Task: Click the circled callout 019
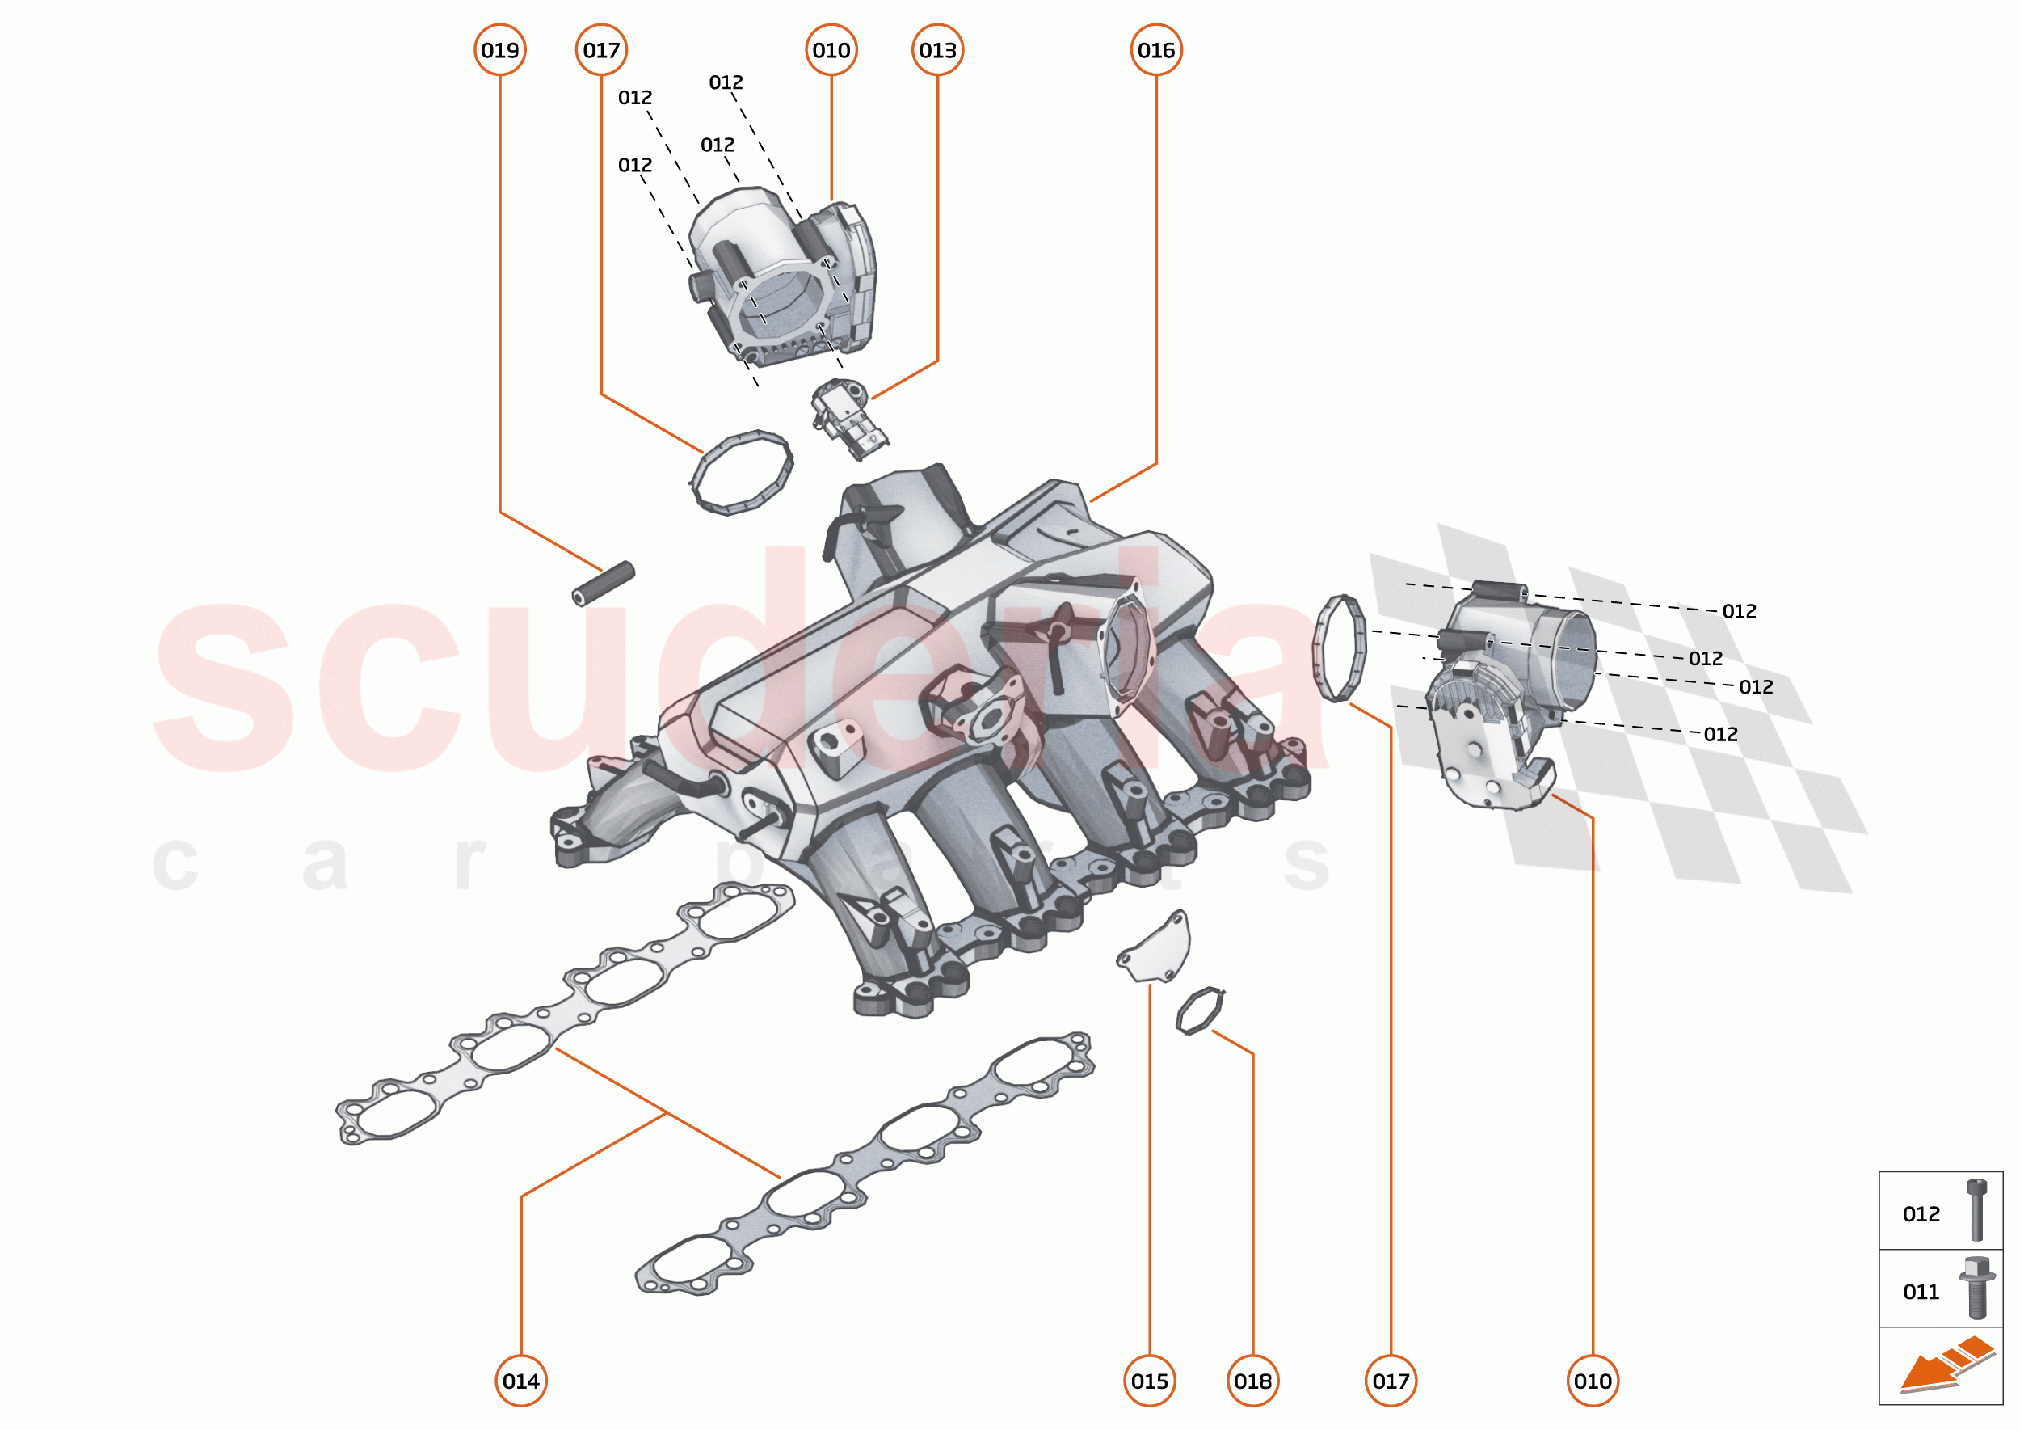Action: point(500,50)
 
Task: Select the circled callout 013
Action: point(937,50)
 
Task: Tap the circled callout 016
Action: point(1155,50)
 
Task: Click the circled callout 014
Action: point(521,1381)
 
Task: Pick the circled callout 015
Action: point(1150,1381)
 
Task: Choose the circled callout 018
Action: point(1252,1381)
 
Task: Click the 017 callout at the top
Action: point(601,50)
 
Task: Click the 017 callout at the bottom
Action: point(1391,1381)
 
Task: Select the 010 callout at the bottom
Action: point(1593,1381)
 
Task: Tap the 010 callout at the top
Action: point(831,50)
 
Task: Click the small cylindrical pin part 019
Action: point(604,583)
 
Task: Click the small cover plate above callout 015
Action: point(1155,950)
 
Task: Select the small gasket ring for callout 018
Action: point(1200,1010)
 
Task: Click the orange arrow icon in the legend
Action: point(1945,1365)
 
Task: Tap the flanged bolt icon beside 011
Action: point(1976,1288)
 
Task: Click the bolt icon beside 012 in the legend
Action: point(1976,1210)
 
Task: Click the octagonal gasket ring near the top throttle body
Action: point(740,473)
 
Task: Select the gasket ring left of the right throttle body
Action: point(1340,648)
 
